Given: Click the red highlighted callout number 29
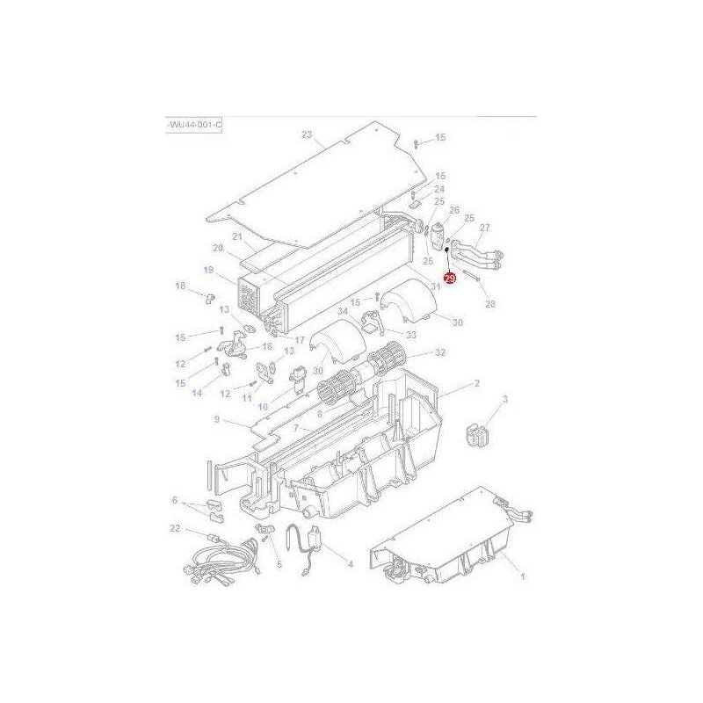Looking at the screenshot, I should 450,279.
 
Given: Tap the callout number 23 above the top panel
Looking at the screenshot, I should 307,134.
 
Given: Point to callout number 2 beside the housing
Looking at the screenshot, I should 476,383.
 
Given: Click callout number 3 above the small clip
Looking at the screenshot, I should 505,400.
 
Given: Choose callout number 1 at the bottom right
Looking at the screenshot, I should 523,576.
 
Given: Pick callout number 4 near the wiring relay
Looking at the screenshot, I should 350,563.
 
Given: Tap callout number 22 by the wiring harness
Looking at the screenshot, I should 175,527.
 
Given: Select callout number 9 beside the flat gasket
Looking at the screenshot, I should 216,420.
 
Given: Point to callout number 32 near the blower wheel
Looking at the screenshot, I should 440,352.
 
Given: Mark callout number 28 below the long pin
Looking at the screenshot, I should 490,304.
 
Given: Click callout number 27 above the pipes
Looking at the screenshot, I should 485,228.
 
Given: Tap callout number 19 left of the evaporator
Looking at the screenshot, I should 208,270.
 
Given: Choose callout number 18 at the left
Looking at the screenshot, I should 180,286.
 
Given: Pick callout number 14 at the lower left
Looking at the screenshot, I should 197,393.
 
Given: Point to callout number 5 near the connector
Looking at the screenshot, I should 279,564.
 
